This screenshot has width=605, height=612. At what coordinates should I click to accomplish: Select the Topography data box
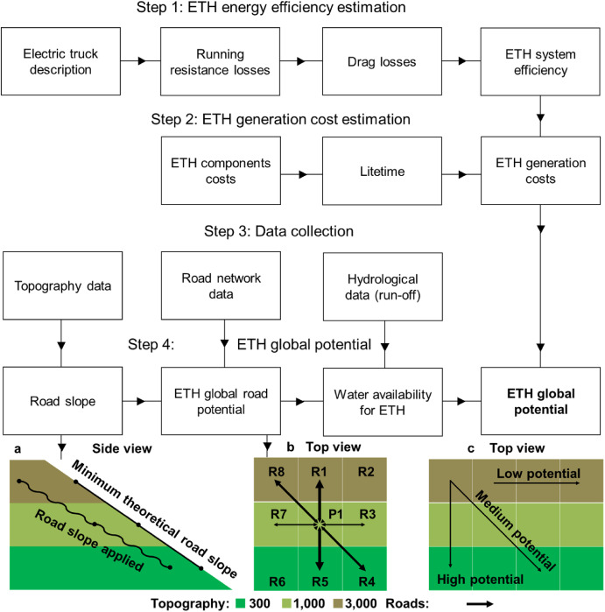coord(60,285)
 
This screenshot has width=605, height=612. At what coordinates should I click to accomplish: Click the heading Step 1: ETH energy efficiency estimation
coord(302,11)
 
